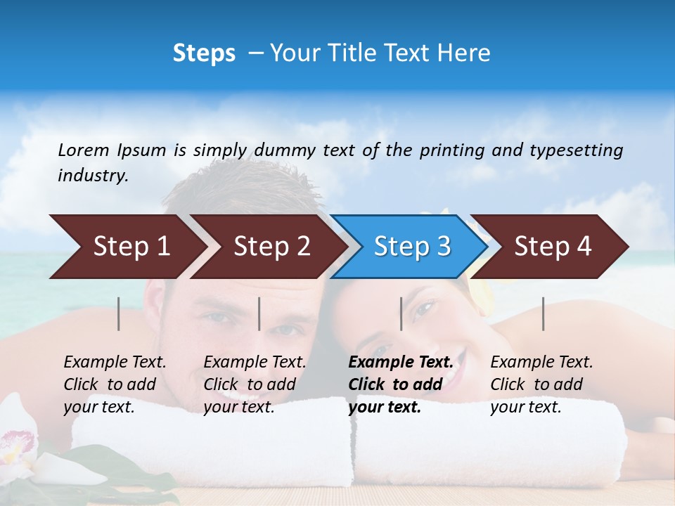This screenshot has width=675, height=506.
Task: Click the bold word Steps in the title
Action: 204,53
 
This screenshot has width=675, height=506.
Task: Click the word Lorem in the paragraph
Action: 84,150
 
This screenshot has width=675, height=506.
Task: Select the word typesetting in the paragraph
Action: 576,150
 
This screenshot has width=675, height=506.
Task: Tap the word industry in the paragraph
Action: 93,175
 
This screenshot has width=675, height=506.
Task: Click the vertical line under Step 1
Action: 119,313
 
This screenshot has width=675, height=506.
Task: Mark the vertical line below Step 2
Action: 259,313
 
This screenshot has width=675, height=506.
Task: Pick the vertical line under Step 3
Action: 401,313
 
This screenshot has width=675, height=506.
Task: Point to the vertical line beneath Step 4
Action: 544,313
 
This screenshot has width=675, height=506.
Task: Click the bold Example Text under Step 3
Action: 401,362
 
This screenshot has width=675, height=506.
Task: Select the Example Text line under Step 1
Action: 115,362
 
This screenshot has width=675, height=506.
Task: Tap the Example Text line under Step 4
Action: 541,362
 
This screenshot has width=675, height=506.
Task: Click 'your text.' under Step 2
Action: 239,407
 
